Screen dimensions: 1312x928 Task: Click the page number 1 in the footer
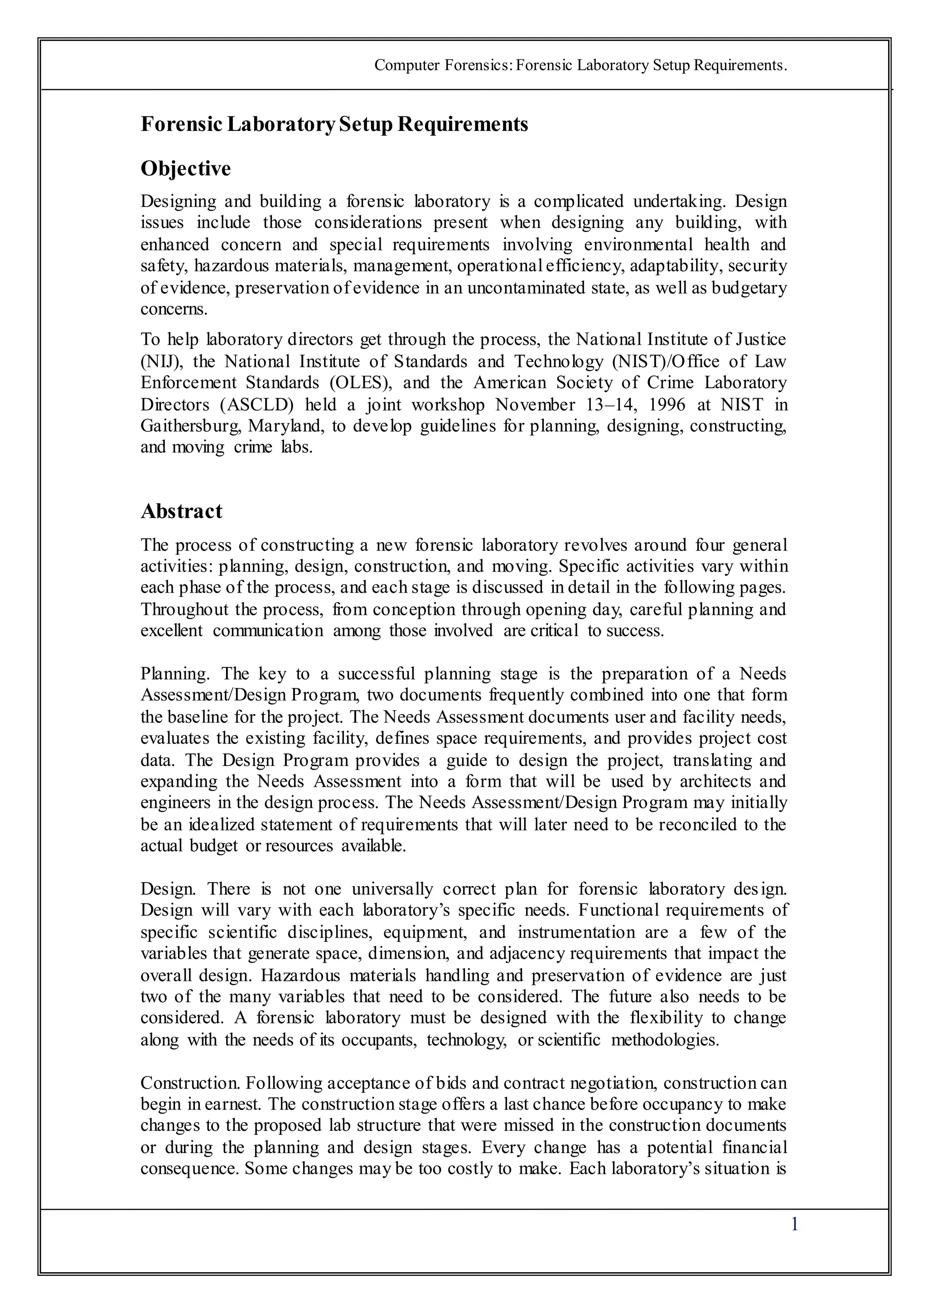click(794, 1225)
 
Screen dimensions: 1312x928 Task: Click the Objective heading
click(186, 169)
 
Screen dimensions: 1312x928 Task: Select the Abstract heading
click(181, 511)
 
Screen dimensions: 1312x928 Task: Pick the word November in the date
click(535, 405)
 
